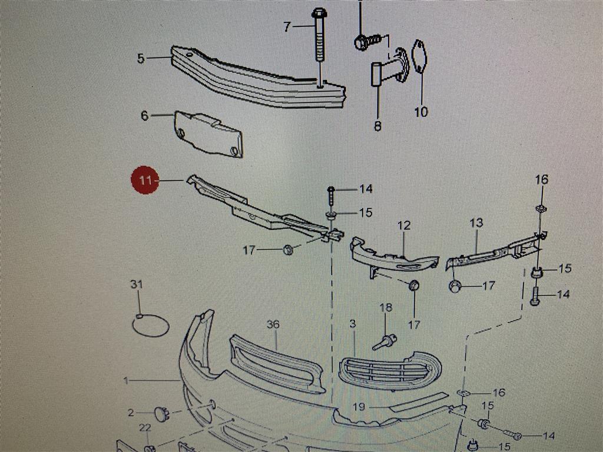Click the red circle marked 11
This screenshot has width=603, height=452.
(x=145, y=180)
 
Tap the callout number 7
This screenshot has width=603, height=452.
(x=287, y=27)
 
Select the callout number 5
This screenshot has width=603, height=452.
(x=141, y=58)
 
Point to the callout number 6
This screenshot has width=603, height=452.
(x=145, y=115)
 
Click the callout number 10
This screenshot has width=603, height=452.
(x=421, y=112)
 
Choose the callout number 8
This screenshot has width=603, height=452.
(x=377, y=125)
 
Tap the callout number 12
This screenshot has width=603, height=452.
(x=404, y=225)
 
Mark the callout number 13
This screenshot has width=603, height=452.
(x=476, y=222)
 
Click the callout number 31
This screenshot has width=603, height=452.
(x=137, y=284)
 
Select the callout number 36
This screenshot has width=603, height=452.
(x=273, y=325)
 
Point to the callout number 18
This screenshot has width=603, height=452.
(x=386, y=307)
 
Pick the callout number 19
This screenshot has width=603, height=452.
(x=359, y=407)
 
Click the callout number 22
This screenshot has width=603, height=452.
(x=145, y=427)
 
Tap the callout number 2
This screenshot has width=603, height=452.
(x=131, y=413)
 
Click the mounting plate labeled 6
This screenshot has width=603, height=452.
(x=208, y=134)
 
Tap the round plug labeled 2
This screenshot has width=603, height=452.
(x=161, y=414)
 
